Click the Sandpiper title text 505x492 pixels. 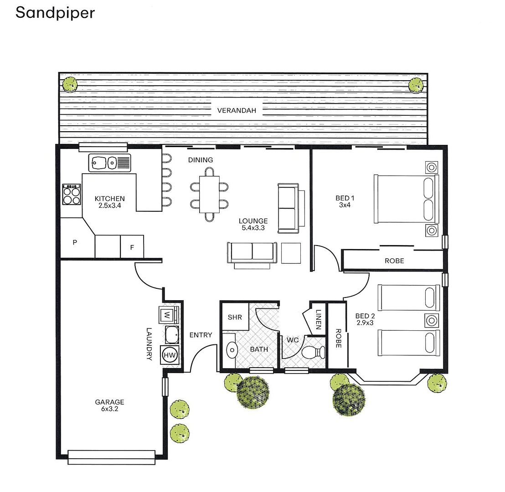[55, 13]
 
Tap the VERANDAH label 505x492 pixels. [237, 110]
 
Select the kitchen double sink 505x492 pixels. [109, 163]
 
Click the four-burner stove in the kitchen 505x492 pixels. [72, 195]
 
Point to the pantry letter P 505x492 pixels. [75, 243]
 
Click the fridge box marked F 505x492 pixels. [132, 247]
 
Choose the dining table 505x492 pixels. [209, 194]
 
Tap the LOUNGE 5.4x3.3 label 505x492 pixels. [253, 224]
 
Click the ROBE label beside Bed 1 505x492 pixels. [394, 261]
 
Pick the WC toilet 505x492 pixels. [313, 352]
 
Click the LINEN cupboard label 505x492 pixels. [318, 320]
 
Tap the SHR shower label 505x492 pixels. [235, 318]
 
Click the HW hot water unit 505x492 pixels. [169, 355]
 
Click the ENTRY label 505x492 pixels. [201, 335]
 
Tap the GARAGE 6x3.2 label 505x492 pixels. [109, 405]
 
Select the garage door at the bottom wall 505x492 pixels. [111, 457]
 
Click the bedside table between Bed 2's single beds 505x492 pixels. [431, 321]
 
